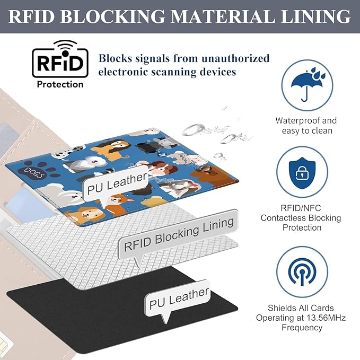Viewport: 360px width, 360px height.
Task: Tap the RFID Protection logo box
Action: click(60, 63)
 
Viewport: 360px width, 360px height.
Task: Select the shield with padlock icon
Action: click(302, 173)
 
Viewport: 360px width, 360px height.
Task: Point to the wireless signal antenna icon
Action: click(302, 272)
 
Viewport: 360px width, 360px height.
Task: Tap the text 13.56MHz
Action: click(326, 318)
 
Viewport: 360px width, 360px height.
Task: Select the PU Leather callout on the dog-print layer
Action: click(116, 185)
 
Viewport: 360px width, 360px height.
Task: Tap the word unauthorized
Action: click(235, 58)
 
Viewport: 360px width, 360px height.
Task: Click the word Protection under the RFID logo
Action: click(60, 84)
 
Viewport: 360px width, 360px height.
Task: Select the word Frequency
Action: click(302, 328)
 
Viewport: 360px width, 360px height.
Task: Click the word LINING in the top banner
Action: click(315, 16)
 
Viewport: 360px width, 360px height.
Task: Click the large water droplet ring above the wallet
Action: click(194, 129)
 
